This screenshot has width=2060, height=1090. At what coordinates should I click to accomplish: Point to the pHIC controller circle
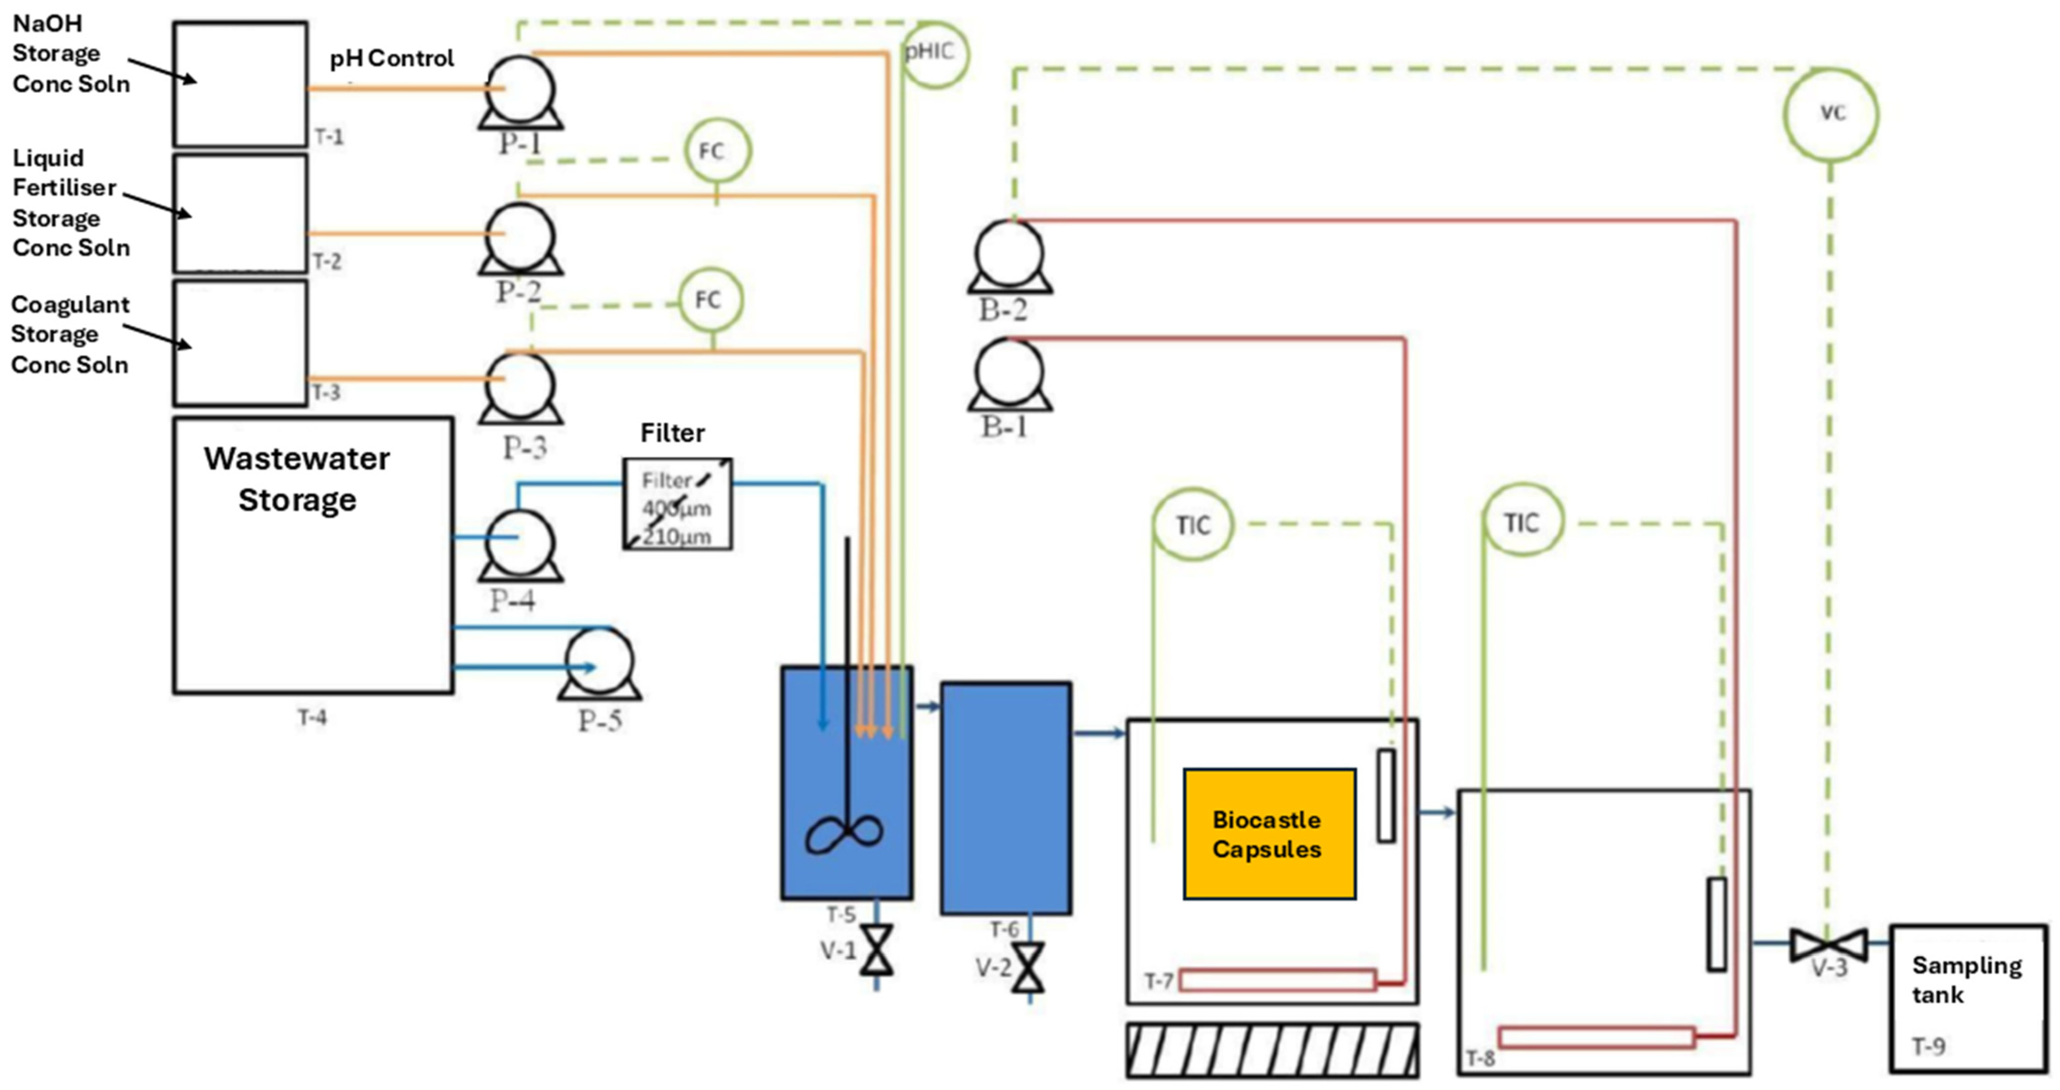[x=933, y=54]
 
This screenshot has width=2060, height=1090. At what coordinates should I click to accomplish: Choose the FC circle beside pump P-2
[x=717, y=150]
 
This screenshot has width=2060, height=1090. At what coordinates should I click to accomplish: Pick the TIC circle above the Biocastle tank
[x=1193, y=524]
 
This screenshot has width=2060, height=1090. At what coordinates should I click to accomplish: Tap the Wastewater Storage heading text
[x=297, y=479]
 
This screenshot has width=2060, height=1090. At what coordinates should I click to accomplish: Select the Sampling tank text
[x=1967, y=980]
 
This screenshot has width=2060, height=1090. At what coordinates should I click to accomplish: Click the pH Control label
[x=392, y=59]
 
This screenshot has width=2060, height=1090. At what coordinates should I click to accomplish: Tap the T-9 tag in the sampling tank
[x=1928, y=1046]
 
